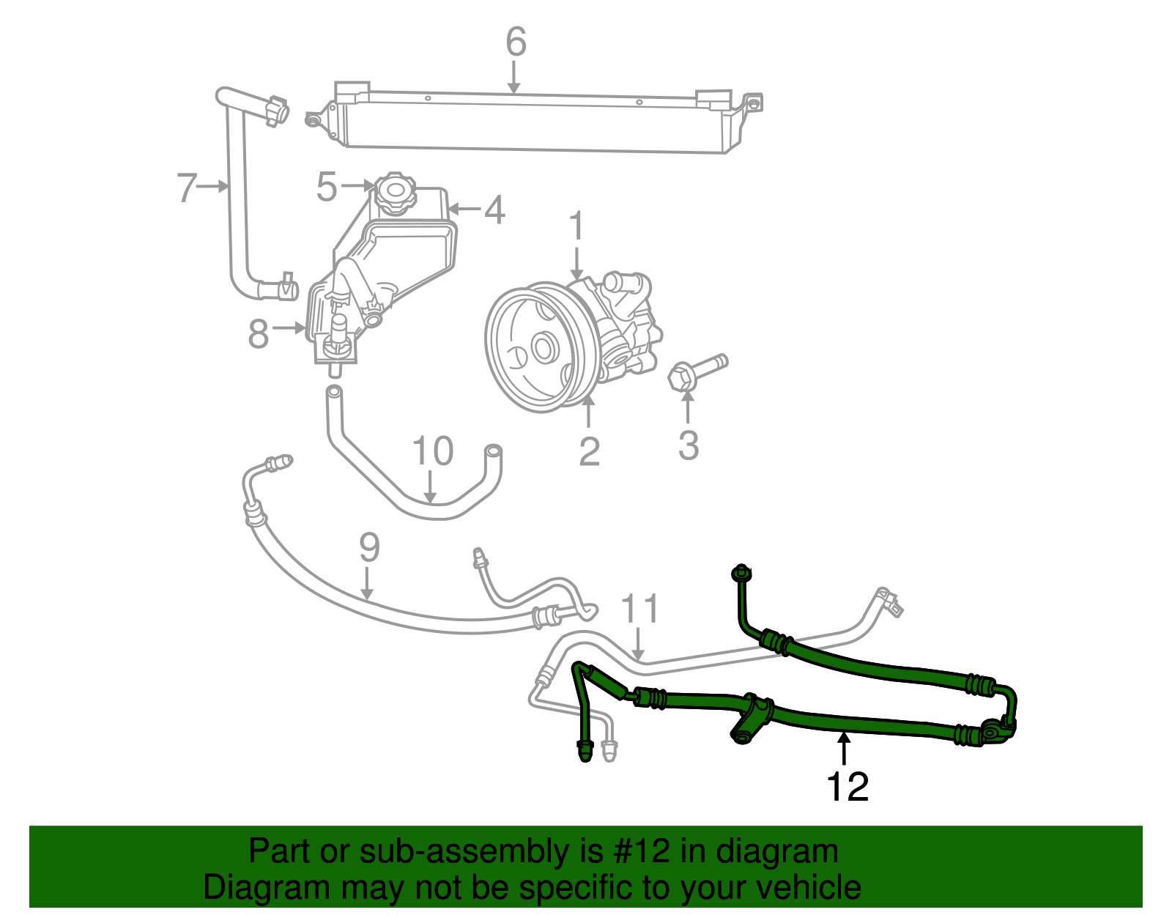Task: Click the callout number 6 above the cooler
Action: [516, 42]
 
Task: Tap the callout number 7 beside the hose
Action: [187, 188]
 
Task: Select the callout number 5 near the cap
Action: [327, 187]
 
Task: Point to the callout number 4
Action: [495, 210]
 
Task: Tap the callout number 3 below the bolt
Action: [688, 445]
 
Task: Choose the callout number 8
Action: [259, 334]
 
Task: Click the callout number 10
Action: [433, 451]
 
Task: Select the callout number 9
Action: [369, 548]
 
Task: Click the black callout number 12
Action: [847, 787]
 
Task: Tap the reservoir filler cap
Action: [393, 194]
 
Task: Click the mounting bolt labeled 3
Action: [696, 371]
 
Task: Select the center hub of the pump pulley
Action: [542, 347]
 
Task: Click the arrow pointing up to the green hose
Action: [845, 750]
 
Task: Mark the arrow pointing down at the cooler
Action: [514, 76]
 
